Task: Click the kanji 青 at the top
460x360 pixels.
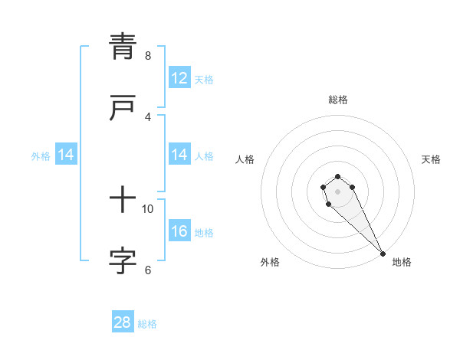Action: [x=123, y=46]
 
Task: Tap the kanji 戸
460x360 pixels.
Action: [x=123, y=107]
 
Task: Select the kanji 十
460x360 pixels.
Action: [x=123, y=201]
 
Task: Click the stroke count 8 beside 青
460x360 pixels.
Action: [x=148, y=56]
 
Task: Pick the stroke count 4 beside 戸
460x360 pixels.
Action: [x=148, y=116]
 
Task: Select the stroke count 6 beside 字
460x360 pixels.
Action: [x=148, y=270]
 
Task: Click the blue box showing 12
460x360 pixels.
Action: [x=179, y=78]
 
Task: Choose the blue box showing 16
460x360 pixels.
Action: [x=179, y=231]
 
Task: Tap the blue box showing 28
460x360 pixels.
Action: [x=123, y=322]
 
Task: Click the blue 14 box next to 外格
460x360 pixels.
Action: [x=66, y=155]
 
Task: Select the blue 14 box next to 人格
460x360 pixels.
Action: [x=179, y=155]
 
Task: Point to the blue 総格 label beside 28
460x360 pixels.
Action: [x=147, y=324]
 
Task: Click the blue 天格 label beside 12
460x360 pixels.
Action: [x=203, y=80]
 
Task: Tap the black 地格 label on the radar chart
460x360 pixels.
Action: [x=402, y=262]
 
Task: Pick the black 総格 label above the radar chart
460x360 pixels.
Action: [x=338, y=100]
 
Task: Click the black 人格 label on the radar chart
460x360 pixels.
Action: [x=245, y=159]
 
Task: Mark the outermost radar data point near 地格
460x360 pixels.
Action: [x=383, y=254]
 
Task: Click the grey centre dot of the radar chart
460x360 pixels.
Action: [x=337, y=191]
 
